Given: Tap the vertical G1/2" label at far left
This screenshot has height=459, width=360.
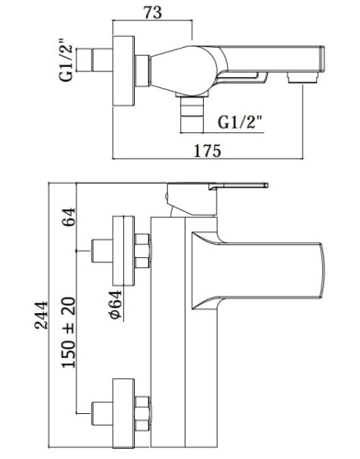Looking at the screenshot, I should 65,63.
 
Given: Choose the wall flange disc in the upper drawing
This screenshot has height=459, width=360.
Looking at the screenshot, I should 122,63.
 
